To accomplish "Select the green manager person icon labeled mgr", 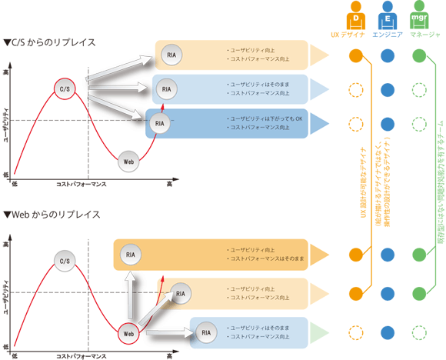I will pos(419,17).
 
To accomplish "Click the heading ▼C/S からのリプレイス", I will pos(50,42).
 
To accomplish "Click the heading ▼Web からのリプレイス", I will pos(52,214).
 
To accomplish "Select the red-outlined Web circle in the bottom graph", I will pos(129,333).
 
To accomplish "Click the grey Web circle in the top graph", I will pos(129,162).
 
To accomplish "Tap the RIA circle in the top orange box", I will pos(170,55).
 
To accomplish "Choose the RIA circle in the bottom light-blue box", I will pos(206,332).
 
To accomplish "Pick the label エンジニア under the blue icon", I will pos(387,35).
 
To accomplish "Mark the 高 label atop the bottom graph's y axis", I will pos(6,245).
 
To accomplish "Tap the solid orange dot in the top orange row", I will pos(354,55).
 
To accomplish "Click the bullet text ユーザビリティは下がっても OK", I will pos(261,118).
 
